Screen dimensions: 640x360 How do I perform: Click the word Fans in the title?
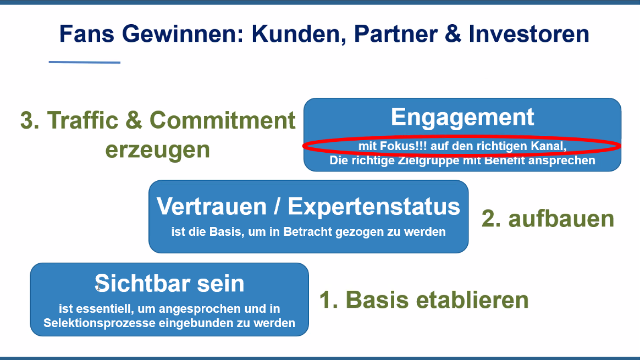86,34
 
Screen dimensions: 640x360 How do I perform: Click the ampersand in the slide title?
453,34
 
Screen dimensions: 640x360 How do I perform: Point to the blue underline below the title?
85,62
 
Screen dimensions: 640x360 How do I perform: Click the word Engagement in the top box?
462,117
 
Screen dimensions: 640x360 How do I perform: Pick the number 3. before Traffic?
30,120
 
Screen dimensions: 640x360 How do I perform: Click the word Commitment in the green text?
223,120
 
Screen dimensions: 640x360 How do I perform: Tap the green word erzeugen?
158,150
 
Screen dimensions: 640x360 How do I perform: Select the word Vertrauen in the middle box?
212,206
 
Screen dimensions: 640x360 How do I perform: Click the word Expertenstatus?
374,206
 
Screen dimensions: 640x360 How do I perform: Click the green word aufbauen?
561,219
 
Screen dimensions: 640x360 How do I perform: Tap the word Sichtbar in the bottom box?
143,283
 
